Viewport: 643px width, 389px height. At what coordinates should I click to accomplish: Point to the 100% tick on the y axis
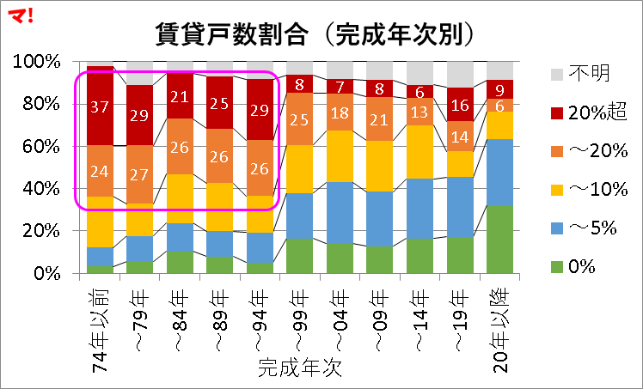(37, 62)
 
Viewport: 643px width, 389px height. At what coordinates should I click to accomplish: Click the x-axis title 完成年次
(300, 369)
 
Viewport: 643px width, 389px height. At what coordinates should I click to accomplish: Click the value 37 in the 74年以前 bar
(101, 106)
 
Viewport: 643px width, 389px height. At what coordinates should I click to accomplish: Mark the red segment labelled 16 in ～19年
(459, 105)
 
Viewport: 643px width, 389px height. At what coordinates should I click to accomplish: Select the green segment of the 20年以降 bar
(499, 240)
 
